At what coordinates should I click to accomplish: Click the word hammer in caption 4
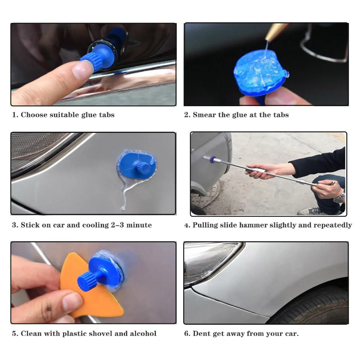pyautogui.click(x=253, y=225)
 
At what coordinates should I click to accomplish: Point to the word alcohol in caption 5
pyautogui.click(x=143, y=333)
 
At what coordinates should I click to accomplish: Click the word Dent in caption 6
pyautogui.click(x=202, y=333)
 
